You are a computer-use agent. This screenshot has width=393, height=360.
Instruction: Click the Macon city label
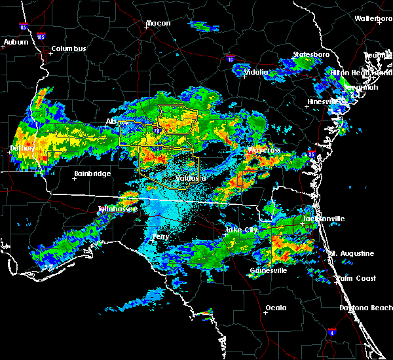(158, 24)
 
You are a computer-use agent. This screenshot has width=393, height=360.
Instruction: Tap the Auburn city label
(16, 43)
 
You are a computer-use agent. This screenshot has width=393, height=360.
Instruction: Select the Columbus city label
(69, 49)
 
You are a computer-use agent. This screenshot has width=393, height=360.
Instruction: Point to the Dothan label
(21, 149)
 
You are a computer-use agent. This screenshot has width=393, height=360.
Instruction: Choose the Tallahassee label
(117, 209)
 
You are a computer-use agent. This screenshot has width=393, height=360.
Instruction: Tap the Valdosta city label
(191, 178)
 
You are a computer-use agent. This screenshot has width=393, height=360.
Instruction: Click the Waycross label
(263, 151)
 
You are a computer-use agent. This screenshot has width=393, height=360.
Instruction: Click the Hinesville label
(324, 102)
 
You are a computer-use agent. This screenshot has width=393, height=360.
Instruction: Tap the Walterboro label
(373, 19)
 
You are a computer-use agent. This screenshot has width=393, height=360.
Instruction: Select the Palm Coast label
(356, 278)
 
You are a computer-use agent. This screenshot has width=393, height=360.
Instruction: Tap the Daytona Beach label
(365, 308)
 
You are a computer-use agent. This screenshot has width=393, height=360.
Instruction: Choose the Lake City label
(241, 230)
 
